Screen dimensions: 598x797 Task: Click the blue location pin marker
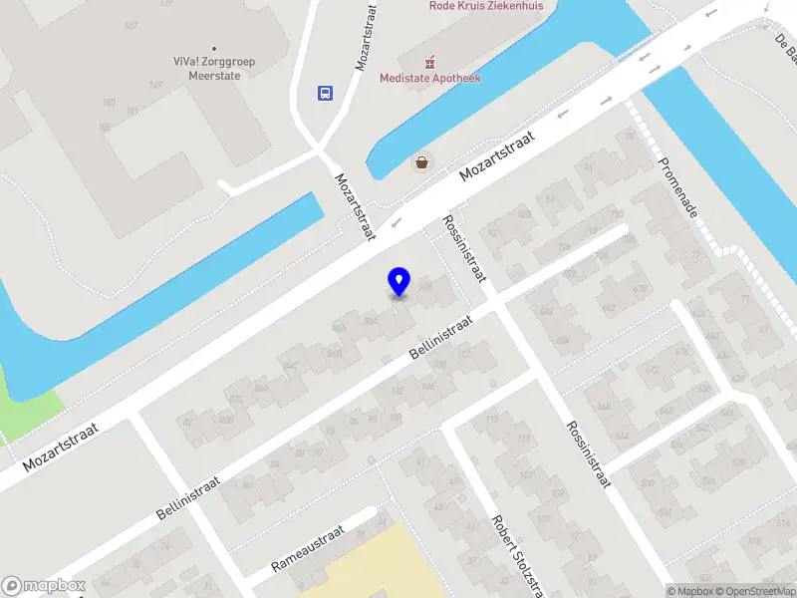(398, 282)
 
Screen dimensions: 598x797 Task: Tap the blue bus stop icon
(325, 93)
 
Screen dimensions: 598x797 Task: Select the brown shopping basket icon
(423, 162)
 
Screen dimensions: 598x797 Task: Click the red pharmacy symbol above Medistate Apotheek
(430, 59)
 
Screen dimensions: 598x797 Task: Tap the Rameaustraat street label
(309, 550)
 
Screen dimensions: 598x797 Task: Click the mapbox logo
(44, 586)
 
